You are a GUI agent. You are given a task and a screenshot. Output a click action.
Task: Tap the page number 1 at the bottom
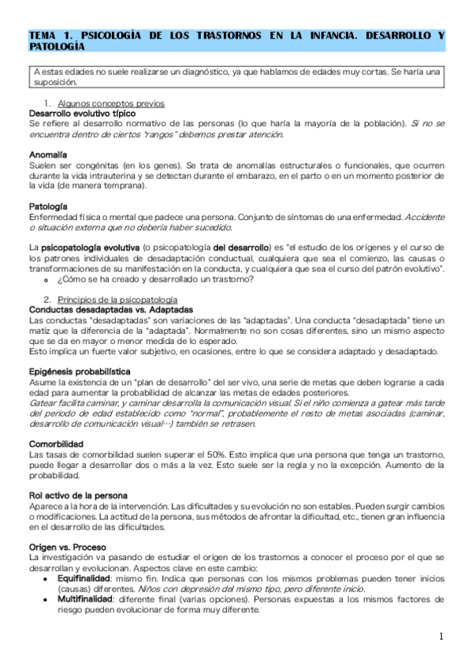(x=442, y=637)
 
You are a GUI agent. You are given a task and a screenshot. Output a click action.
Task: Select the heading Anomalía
(x=47, y=155)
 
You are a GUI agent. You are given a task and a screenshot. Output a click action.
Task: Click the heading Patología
(x=47, y=207)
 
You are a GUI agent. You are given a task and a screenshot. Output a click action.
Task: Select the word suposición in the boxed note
(x=55, y=81)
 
